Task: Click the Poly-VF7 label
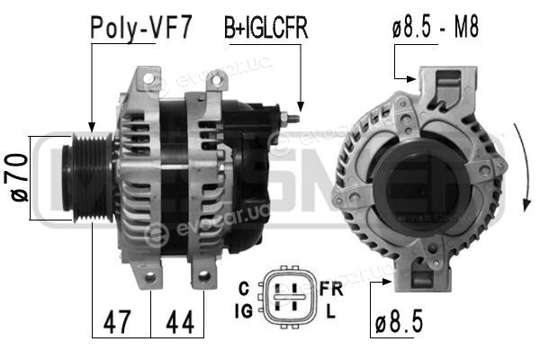pyautogui.click(x=140, y=28)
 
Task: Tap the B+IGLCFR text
pyautogui.click(x=265, y=28)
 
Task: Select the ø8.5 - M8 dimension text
pyautogui.click(x=436, y=28)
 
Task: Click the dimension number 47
pyautogui.click(x=117, y=322)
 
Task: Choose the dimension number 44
pyautogui.click(x=180, y=322)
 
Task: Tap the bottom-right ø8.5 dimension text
pyautogui.click(x=399, y=321)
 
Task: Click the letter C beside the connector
pyautogui.click(x=244, y=289)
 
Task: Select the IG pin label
pyautogui.click(x=244, y=311)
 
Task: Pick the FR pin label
pyautogui.click(x=331, y=289)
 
